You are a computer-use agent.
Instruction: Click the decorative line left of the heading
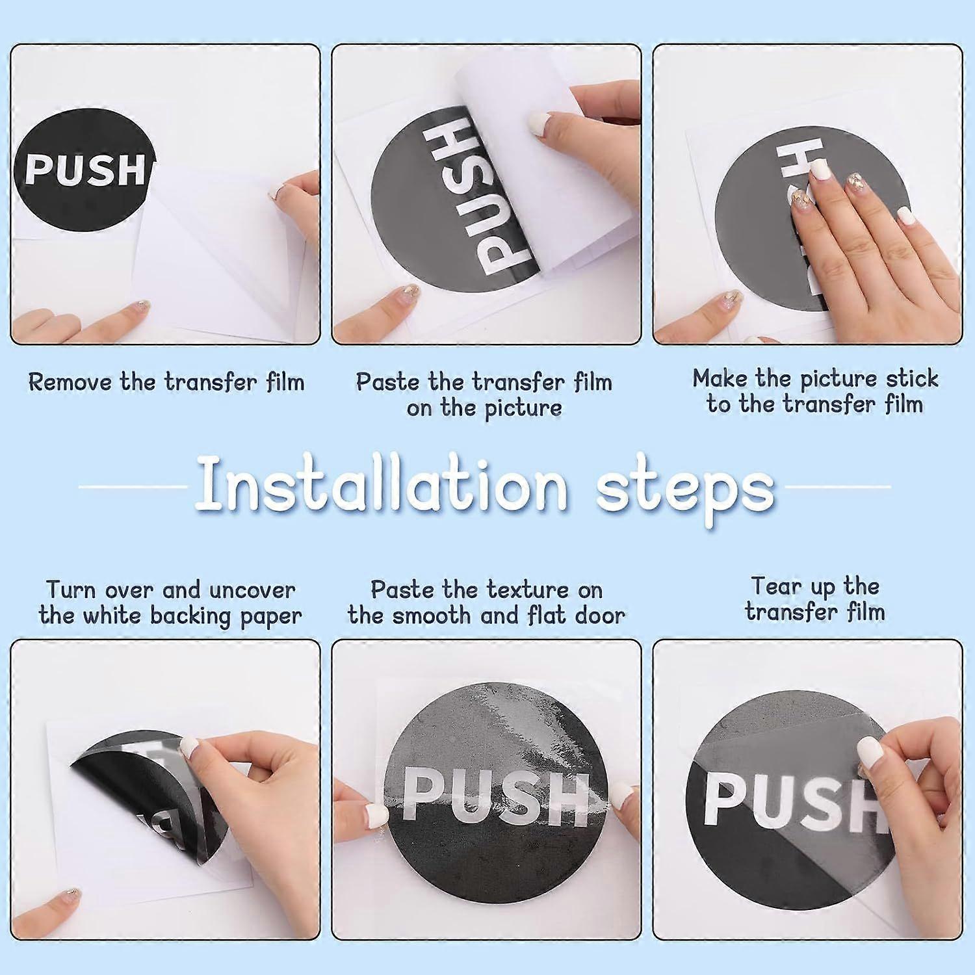(x=133, y=486)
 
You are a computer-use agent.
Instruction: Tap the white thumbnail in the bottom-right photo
(x=869, y=753)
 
